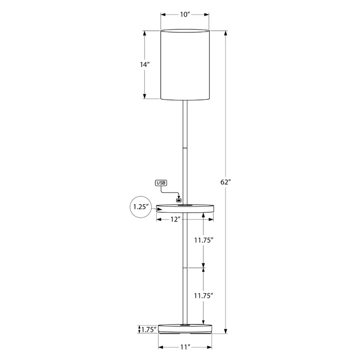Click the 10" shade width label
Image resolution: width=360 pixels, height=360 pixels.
point(185,14)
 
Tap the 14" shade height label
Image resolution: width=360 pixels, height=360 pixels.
point(144,64)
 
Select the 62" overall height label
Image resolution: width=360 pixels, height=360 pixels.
point(225,182)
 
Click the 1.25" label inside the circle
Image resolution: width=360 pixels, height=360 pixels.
point(141,207)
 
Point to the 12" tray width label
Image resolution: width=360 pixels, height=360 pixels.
point(175,220)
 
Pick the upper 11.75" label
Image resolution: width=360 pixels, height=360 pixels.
point(204,240)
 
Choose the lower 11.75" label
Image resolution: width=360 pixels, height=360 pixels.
point(204,296)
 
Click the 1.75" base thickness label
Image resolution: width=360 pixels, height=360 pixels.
point(149,330)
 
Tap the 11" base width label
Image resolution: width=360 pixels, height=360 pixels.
point(185,347)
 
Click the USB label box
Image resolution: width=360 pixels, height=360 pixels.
point(161,183)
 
